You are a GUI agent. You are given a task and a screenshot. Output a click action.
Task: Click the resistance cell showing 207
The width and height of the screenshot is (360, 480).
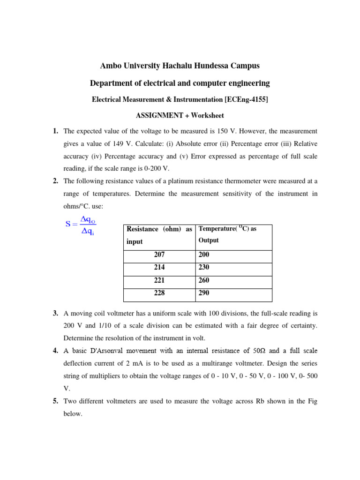(x=159, y=255)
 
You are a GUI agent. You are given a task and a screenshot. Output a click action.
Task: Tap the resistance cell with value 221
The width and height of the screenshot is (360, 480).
(x=159, y=280)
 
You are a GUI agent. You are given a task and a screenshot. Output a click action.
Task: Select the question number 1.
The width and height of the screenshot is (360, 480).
(x=55, y=131)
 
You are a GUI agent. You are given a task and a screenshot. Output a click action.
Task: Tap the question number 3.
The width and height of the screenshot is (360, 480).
(x=55, y=313)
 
